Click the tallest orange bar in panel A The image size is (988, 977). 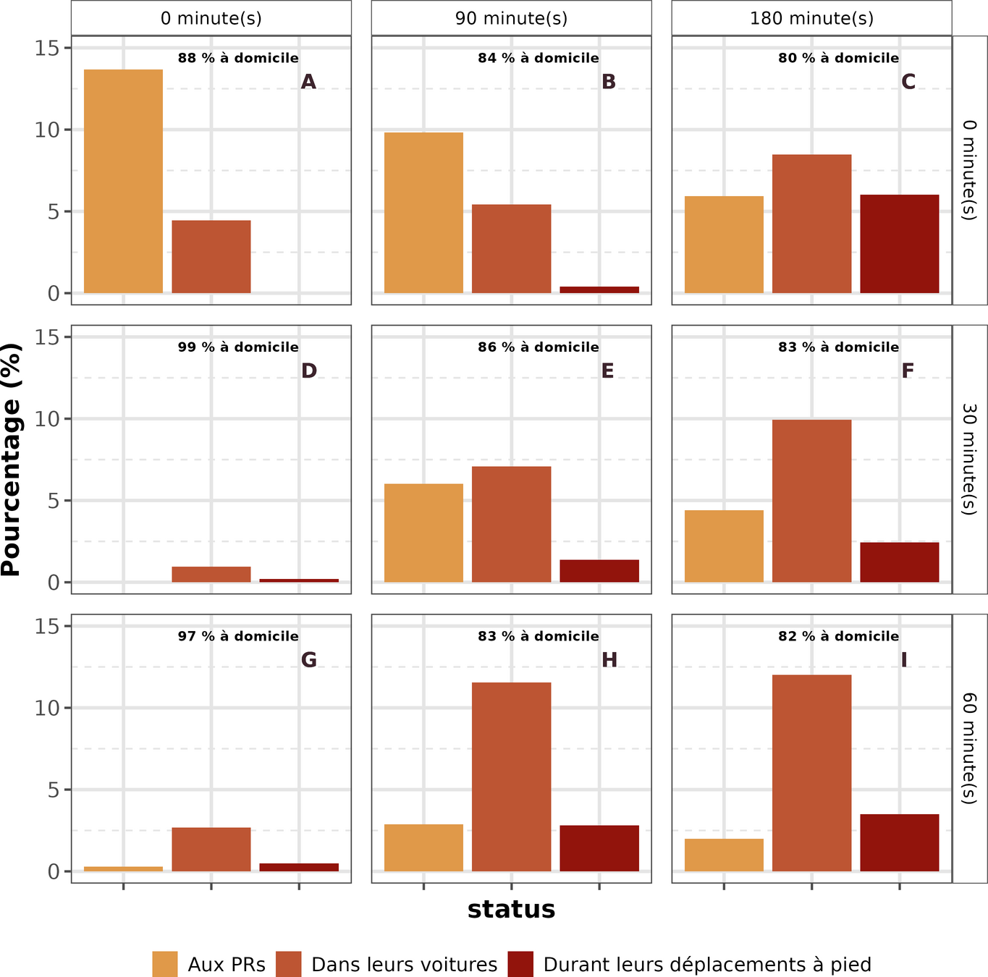pos(124,181)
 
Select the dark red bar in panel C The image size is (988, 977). pos(899,244)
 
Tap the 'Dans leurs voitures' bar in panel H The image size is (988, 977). pos(511,777)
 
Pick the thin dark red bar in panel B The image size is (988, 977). pos(599,289)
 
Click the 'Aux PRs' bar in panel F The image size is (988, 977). pos(724,546)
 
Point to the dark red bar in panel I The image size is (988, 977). pos(899,842)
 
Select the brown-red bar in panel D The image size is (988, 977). pos(211,575)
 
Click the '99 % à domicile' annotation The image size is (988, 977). pos(238,347)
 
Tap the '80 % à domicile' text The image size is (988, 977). pos(838,58)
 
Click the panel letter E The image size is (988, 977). pos(607,371)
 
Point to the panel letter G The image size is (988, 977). pos(309,660)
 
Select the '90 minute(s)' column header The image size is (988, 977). pos(511,18)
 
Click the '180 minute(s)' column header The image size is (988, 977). pos(811,18)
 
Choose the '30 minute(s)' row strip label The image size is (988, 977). pos(969,460)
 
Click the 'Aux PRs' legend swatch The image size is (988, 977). pos(165,964)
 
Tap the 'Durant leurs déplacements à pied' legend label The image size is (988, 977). pos(707,965)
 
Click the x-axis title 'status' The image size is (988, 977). pos(511,909)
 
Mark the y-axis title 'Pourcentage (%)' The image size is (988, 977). pos(12,460)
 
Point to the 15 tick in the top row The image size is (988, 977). pos(48,48)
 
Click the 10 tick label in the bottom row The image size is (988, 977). pos(48,708)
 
